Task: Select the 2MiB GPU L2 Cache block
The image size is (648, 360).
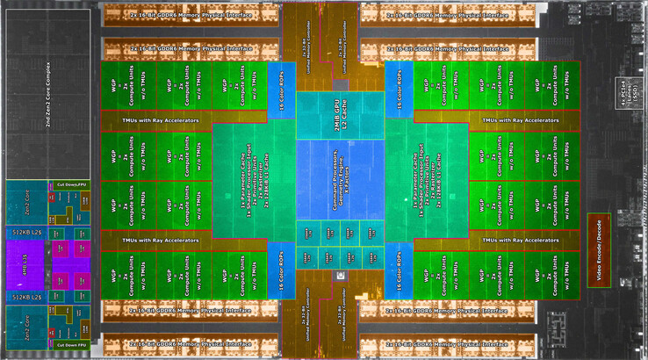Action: [x=339, y=114]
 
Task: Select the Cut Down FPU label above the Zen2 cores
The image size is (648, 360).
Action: [x=71, y=184]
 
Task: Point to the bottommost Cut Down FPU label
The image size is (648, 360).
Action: [x=71, y=345]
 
